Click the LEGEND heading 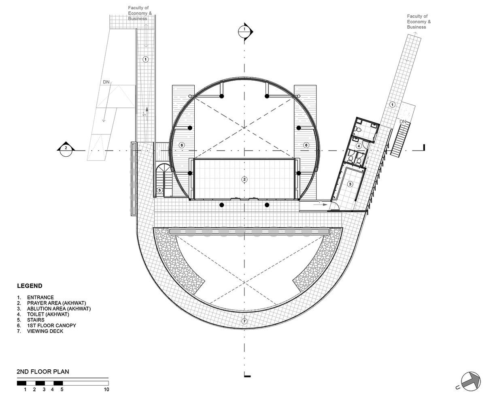coord(30,286)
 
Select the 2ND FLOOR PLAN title coord(43,371)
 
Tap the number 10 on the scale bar coord(106,389)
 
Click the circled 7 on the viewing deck coord(244,321)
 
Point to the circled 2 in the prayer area coord(244,179)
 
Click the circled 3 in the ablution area coord(350,184)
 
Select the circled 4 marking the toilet coord(359,146)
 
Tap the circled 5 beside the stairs coord(159,190)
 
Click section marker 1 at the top coord(245,32)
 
